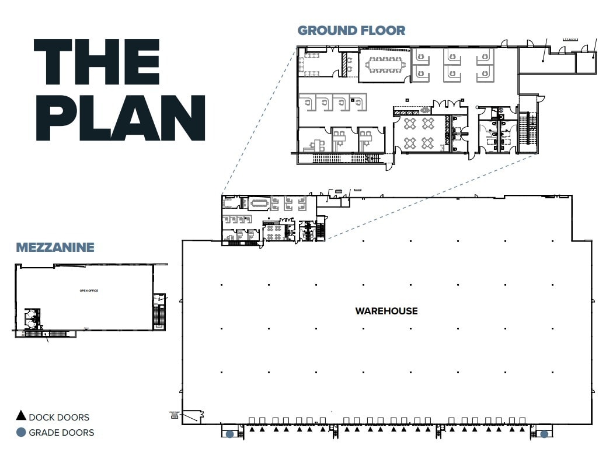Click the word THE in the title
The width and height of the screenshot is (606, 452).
coord(96,62)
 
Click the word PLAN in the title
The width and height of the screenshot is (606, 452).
coord(119,117)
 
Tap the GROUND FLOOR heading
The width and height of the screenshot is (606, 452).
coord(351,30)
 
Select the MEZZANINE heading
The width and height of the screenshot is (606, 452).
coord(55,247)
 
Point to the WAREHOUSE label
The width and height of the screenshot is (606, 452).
coord(386,311)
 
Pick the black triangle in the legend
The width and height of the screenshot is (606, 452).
coord(21,416)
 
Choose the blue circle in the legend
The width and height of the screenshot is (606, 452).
coord(21,433)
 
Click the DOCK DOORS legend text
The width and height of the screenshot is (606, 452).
coord(59,418)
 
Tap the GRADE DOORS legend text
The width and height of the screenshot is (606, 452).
coord(61,433)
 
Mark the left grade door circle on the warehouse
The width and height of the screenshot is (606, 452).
coord(230,434)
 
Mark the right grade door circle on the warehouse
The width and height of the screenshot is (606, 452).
coord(544,434)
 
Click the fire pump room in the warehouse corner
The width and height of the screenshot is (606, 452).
coord(191,416)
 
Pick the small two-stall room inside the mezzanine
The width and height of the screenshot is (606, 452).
coord(30,318)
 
